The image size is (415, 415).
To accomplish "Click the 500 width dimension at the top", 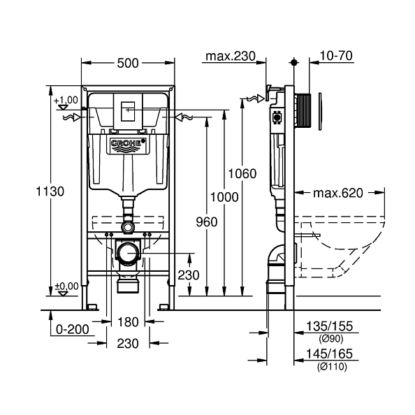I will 127,63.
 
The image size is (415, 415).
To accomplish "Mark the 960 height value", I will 206,222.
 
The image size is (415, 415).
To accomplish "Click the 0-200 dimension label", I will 72,328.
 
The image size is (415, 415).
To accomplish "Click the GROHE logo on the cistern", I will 127,145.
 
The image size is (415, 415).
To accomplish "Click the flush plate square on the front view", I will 127,110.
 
